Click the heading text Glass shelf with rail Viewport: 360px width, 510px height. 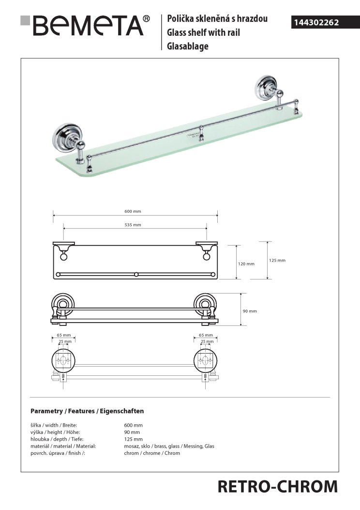point(203,33)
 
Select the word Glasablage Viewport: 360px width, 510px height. point(187,46)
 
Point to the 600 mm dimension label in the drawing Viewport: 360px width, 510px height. point(133,211)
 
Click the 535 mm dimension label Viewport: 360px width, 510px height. point(133,225)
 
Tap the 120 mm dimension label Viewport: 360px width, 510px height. point(246,264)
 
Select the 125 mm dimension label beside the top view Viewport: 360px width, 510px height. point(277,260)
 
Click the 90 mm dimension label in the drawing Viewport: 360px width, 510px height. point(250,311)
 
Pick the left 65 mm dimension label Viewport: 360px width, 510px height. point(63,335)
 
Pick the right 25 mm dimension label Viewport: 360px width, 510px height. point(206,341)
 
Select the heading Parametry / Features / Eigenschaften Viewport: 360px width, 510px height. point(87,411)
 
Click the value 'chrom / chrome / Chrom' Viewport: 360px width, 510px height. point(152,453)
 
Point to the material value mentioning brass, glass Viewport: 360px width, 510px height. point(169,446)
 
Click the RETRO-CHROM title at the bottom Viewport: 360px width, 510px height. point(277,486)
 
